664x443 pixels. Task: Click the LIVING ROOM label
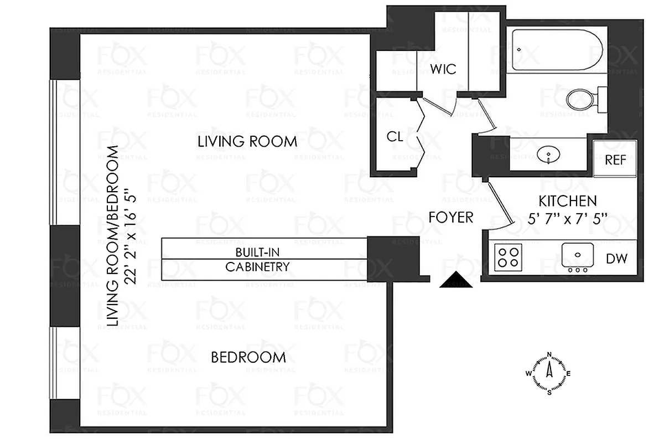(x=247, y=142)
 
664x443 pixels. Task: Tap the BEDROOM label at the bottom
(x=248, y=358)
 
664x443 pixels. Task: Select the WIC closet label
(x=443, y=69)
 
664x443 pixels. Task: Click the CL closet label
(x=395, y=137)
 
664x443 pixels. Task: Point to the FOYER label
(x=451, y=217)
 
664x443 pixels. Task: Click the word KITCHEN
(x=568, y=201)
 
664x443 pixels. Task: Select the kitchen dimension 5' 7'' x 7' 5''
(x=568, y=218)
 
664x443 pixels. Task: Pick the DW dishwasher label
(x=616, y=259)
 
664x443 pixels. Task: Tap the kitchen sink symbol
(x=577, y=256)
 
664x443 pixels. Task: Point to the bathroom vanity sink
(x=548, y=154)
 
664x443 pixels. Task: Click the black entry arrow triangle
(x=455, y=281)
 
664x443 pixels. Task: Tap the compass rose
(x=549, y=374)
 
